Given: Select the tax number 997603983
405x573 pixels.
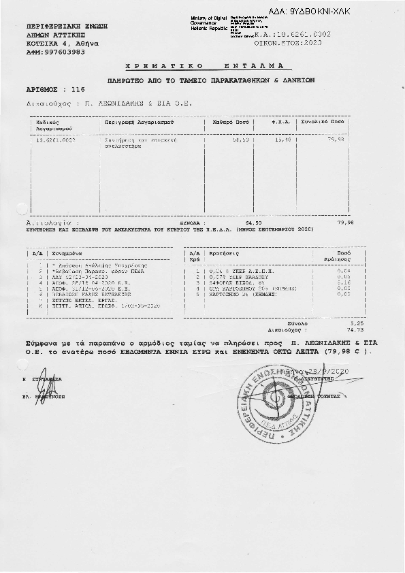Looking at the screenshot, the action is (52, 51).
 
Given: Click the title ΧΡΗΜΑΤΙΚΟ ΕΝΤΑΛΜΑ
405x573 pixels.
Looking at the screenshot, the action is (208, 67).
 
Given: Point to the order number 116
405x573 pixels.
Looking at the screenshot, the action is (78, 89).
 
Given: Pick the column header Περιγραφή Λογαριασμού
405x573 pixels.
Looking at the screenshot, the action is (140, 122).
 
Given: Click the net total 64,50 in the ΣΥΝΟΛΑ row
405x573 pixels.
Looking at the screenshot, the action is (253, 223).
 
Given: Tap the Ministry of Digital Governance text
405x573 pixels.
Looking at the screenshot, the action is (208, 22).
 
